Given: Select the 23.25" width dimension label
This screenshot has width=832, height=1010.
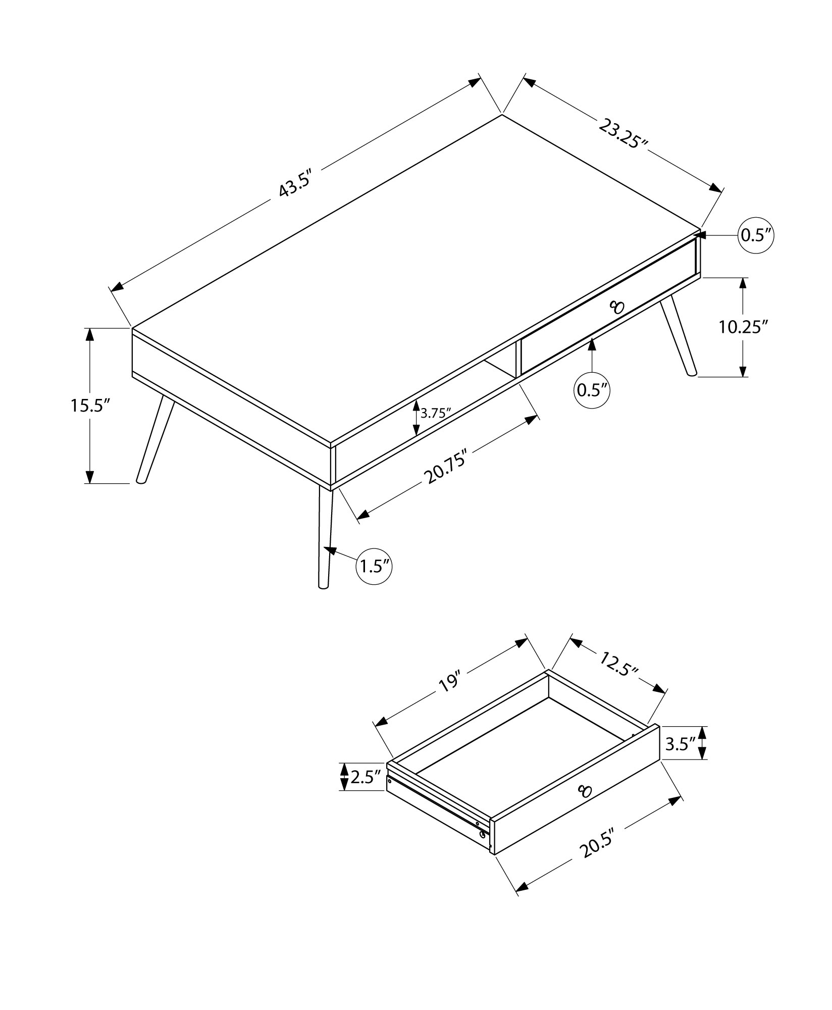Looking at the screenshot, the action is [623, 134].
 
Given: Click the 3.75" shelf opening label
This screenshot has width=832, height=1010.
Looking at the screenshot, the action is [436, 413].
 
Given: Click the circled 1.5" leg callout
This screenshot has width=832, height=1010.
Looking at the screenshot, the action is [374, 567].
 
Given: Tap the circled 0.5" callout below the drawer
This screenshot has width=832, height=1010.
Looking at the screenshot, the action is [592, 389].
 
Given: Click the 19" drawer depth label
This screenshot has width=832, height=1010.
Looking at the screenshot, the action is [450, 681].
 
